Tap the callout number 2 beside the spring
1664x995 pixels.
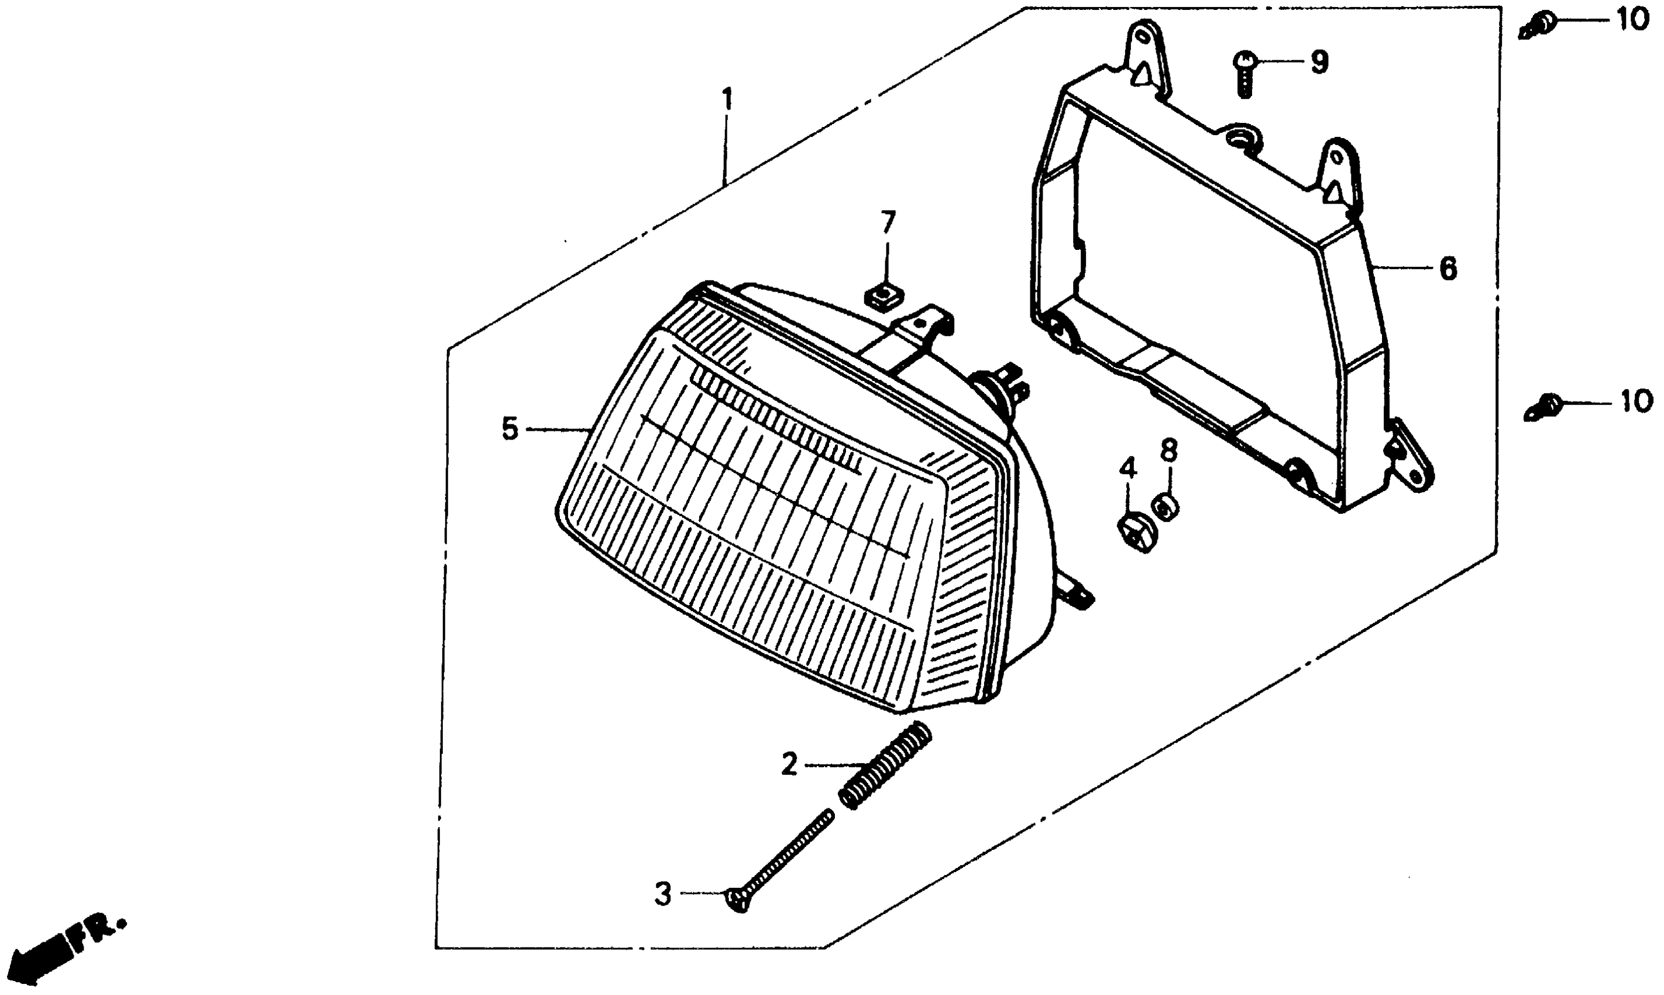(789, 765)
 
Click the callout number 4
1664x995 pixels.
(1128, 469)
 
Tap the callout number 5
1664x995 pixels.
(510, 429)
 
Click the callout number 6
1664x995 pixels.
(1448, 270)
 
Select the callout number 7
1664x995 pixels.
(887, 222)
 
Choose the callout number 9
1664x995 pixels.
(1318, 63)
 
